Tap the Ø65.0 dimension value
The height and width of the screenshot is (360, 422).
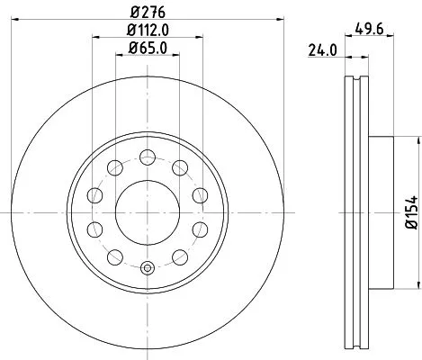pos(148,49)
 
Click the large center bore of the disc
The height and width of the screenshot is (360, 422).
pos(148,212)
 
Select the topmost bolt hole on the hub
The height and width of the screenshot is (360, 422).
pos(148,156)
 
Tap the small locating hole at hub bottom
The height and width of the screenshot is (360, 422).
pos(148,266)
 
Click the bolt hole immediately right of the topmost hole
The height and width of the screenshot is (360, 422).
pos(180,166)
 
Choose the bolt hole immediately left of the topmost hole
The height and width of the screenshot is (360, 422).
pos(115,166)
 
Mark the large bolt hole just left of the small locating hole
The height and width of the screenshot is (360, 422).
pos(115,258)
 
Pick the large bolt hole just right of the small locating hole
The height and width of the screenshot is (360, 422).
pos(180,258)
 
